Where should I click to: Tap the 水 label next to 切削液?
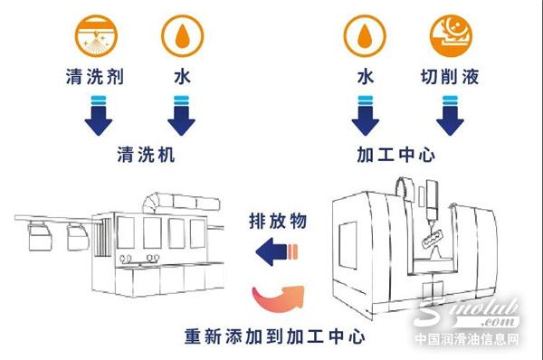pos(365,79)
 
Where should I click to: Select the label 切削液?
pos(450,79)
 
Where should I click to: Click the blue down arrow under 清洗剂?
pos(95,115)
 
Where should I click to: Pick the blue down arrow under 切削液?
pos(450,115)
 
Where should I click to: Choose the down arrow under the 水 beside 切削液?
pos(365,115)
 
